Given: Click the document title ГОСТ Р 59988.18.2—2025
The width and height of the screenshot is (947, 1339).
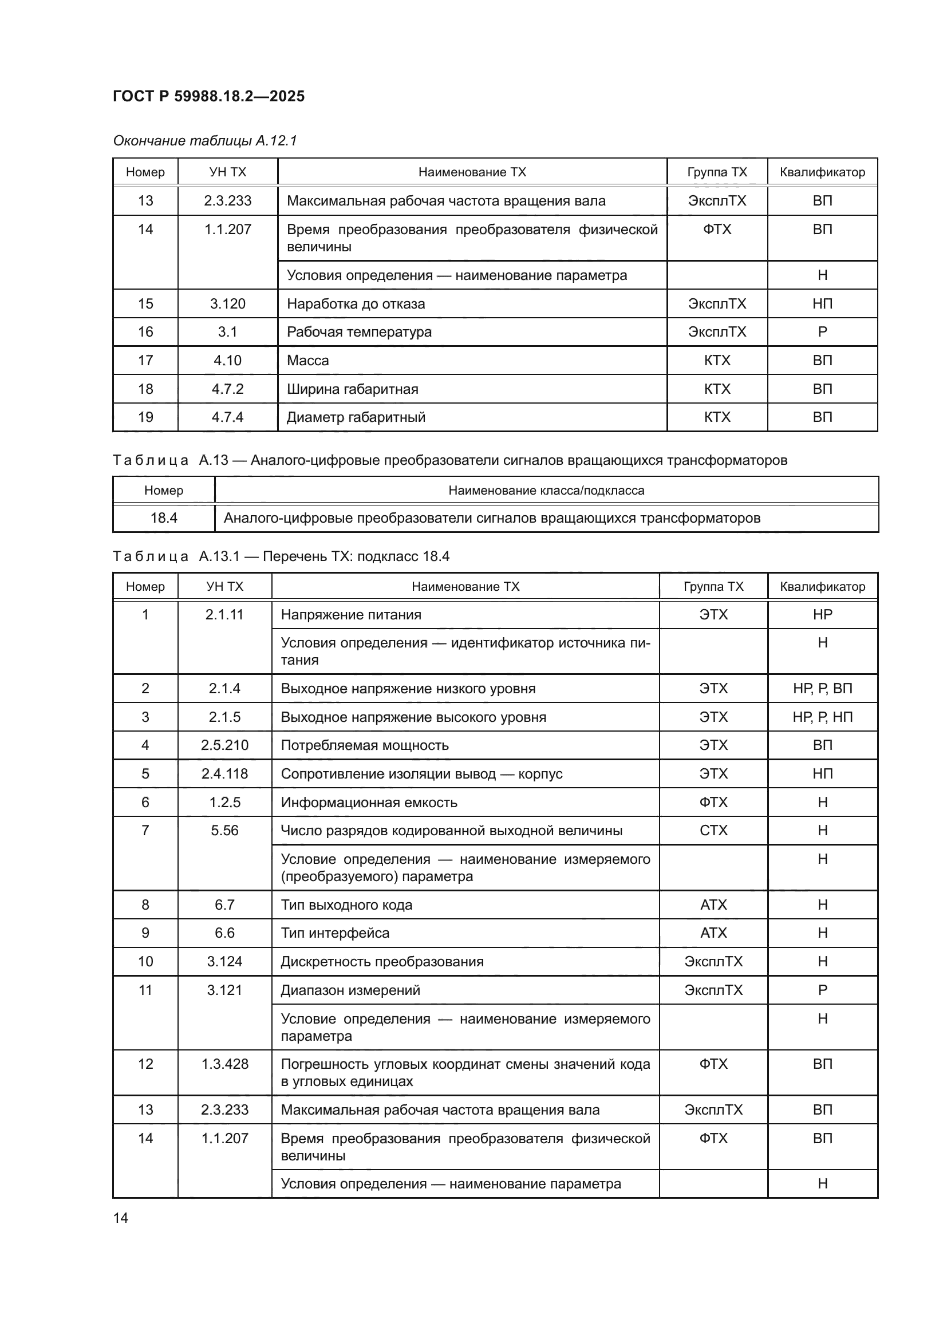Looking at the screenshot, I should tap(208, 96).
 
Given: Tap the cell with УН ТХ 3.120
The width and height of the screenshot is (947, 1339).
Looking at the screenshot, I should tap(227, 304).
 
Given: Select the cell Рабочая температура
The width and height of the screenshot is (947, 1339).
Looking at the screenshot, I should tap(358, 332).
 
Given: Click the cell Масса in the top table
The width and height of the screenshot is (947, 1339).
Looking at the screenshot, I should tap(307, 361).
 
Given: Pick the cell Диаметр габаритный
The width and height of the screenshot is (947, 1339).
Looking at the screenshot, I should tap(356, 417).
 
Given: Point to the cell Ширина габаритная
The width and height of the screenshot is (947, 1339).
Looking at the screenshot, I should tap(352, 389).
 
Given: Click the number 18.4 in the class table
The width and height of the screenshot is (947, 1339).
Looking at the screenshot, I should tap(163, 518).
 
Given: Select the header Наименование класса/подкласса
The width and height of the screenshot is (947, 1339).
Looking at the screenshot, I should tap(546, 491).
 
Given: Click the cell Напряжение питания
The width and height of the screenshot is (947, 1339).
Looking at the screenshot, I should tap(350, 615).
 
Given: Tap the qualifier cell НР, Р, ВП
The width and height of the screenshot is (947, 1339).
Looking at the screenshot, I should tap(822, 688).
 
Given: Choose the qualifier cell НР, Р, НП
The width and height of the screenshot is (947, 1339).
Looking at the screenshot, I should tap(822, 717).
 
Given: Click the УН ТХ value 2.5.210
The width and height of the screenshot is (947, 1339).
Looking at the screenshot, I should tap(224, 745).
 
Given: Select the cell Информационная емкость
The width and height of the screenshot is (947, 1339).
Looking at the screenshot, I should tap(369, 803).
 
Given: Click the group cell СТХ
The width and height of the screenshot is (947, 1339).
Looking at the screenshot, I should tap(713, 831).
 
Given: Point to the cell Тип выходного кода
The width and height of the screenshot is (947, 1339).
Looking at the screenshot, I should tap(346, 905).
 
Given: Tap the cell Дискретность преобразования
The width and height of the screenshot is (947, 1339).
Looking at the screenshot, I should tap(382, 962).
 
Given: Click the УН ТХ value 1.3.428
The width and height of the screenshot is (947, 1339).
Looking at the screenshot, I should tap(224, 1064).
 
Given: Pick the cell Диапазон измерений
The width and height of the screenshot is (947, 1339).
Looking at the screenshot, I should tap(350, 990).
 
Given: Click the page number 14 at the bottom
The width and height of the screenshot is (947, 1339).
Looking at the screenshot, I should tap(121, 1218).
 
